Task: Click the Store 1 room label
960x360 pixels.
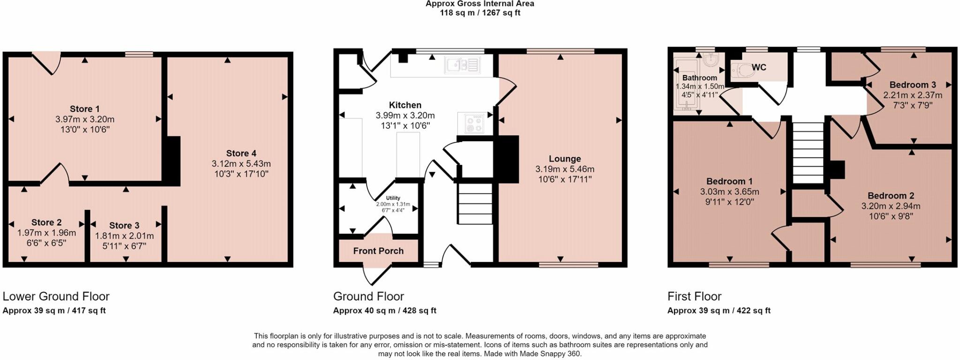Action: [85, 109]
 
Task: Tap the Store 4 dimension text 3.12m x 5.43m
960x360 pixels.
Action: [241, 164]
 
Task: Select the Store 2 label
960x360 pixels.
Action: [46, 223]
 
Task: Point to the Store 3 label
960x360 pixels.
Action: [124, 225]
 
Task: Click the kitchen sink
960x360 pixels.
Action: [463, 65]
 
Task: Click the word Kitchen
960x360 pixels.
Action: [405, 105]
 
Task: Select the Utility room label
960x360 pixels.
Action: [393, 198]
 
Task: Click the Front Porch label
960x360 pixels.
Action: [378, 251]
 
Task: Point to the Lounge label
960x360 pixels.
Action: [565, 159]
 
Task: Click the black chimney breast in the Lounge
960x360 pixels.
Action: [507, 159]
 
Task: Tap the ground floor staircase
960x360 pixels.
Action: [475, 204]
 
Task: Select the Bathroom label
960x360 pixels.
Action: [699, 78]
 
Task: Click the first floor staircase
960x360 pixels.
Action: [808, 153]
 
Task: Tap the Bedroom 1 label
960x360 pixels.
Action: [729, 181]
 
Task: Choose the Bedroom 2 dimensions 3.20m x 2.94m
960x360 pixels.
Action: [891, 206]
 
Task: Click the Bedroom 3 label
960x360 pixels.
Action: [913, 85]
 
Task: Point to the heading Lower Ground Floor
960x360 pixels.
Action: [56, 296]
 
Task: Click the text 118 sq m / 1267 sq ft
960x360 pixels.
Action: [480, 13]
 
